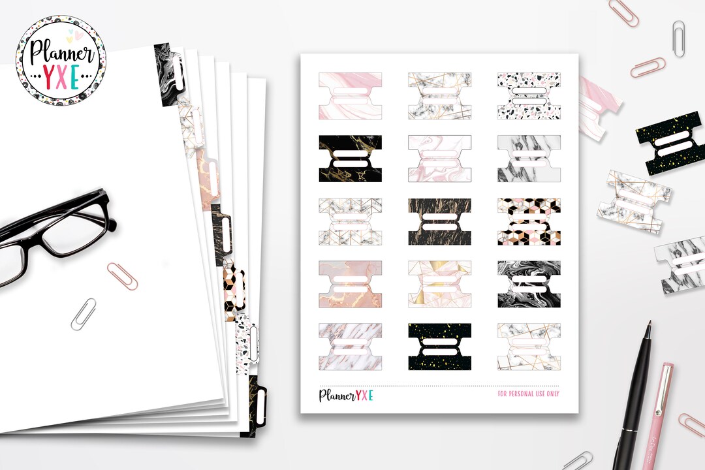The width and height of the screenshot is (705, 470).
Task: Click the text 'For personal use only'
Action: [x=528, y=394]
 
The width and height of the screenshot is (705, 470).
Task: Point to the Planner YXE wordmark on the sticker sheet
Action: [x=345, y=395]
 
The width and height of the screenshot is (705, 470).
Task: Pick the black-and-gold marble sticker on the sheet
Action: [x=350, y=159]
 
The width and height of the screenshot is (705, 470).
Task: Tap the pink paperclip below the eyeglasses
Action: [x=123, y=275]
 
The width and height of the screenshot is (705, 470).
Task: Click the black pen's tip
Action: [x=649, y=326]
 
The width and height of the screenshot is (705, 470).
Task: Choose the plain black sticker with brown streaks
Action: [x=439, y=222]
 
